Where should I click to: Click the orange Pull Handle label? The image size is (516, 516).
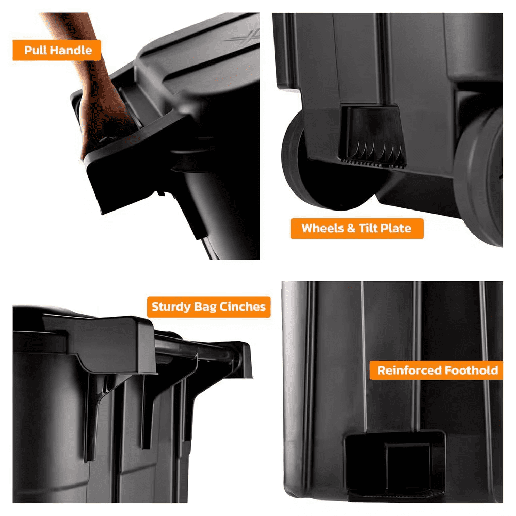tap(57, 50)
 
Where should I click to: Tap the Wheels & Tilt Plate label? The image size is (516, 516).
tap(357, 229)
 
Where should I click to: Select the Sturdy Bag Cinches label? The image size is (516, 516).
tap(208, 307)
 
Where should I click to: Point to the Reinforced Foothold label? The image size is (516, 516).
tap(437, 370)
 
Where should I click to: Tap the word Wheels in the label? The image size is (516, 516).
tap(323, 228)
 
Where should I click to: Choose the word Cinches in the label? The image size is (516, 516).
tap(243, 307)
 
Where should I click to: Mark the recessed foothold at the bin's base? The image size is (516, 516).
tap(394, 465)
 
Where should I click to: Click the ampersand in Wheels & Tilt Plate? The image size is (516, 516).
tap(351, 229)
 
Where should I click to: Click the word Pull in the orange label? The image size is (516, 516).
tap(36, 50)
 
